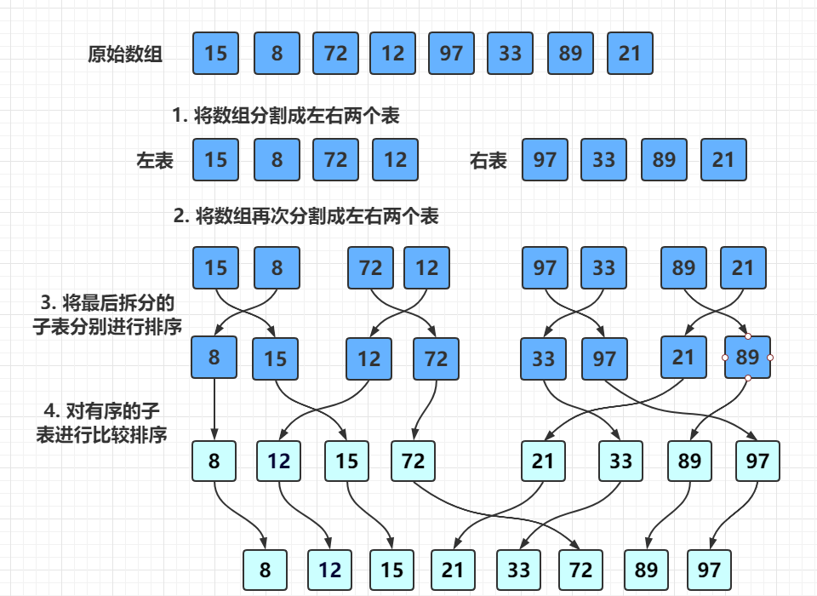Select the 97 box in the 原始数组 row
451,54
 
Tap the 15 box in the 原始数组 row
216,54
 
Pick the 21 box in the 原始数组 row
630,54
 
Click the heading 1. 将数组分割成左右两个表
285,116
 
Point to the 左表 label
155,160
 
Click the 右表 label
488,160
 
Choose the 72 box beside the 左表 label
335,160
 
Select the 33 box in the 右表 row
604,160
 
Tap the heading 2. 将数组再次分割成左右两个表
306,216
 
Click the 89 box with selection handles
747,358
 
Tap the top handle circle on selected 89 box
747,336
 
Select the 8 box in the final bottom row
266,570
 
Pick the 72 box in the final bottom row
580,570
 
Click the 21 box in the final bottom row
453,570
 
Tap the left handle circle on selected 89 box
725,358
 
